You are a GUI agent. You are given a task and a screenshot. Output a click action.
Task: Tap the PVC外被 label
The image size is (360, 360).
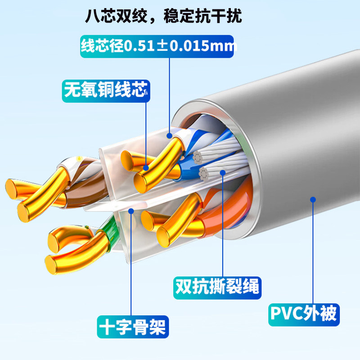pyautogui.click(x=303, y=312)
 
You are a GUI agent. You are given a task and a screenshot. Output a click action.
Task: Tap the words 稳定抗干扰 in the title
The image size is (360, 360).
pyautogui.click(x=201, y=16)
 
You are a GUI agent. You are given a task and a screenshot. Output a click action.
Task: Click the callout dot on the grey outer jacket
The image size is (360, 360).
pyautogui.click(x=313, y=199)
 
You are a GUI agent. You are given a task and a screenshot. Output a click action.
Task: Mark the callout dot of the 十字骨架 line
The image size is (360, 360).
pyautogui.click(x=131, y=210)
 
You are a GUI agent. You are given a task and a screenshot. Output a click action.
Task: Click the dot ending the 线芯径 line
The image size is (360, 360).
pyautogui.click(x=169, y=135)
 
